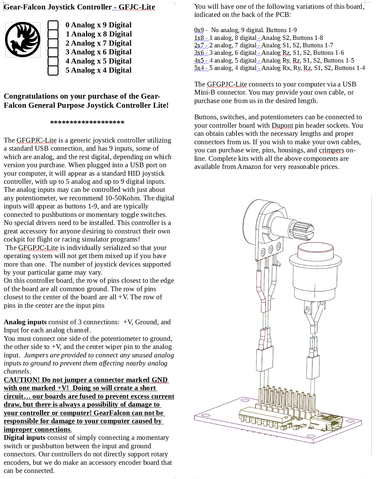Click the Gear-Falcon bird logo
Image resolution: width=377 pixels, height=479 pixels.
23,40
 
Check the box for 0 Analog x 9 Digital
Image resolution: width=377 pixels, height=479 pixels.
53,25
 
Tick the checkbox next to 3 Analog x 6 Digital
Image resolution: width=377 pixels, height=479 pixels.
53,52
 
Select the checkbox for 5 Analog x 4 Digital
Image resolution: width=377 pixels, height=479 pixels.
53,71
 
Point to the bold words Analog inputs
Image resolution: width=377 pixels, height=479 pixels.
25,322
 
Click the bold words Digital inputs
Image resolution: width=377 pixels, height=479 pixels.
24,438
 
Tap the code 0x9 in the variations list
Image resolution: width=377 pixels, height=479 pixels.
199,30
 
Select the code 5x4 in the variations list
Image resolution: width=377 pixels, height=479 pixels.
199,68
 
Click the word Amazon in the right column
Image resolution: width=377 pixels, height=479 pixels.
249,167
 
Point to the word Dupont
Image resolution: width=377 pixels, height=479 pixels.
282,126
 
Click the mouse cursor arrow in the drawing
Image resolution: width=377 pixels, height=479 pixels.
279,263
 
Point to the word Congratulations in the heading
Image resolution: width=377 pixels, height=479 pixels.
31,97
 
